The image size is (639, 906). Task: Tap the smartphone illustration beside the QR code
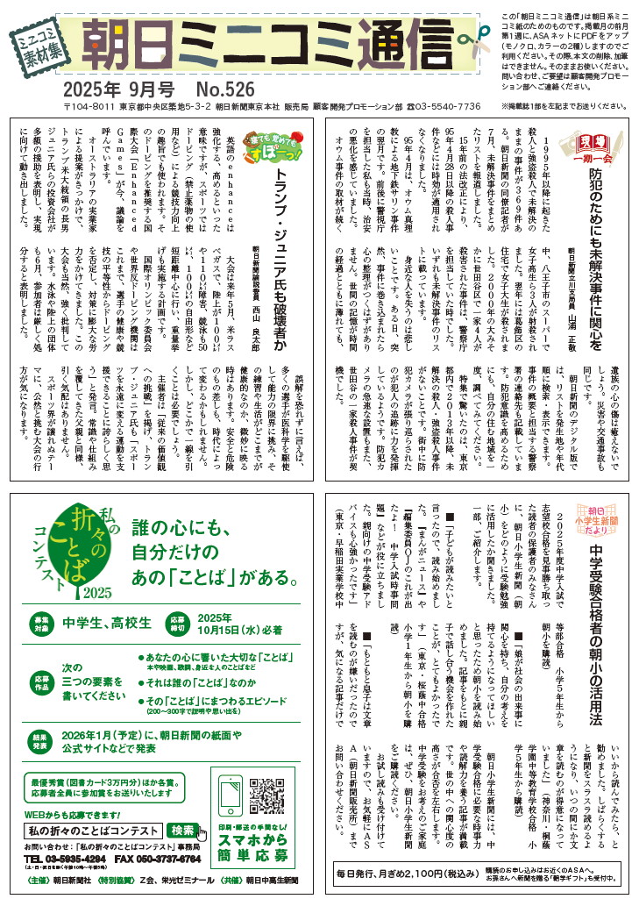231,800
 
